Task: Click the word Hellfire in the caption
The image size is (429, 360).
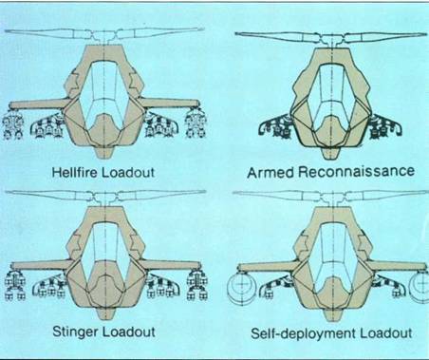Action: tap(75, 173)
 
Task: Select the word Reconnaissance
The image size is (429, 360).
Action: tap(356, 171)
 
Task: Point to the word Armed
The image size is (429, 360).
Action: tap(271, 173)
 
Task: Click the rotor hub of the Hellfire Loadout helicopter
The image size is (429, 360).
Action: tap(104, 35)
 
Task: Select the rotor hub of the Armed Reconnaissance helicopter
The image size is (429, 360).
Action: tap(332, 39)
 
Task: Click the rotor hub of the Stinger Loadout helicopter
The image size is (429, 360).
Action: tap(104, 198)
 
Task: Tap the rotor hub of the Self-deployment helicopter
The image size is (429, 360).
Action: tap(332, 198)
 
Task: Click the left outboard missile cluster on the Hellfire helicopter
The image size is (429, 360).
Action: tap(12, 125)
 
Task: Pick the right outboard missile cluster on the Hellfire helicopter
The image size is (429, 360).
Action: tap(196, 124)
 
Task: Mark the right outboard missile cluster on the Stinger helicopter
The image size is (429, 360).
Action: tap(197, 285)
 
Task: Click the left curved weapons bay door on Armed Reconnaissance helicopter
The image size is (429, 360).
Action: tap(273, 125)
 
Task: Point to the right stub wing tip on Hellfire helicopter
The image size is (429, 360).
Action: tap(198, 104)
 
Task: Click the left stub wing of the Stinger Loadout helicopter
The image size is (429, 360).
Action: tap(41, 265)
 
